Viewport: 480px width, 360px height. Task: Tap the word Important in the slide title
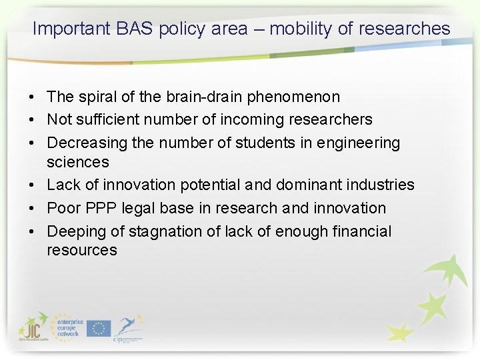[71, 29]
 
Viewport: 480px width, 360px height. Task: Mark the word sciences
[77, 161]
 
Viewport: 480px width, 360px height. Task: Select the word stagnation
[161, 231]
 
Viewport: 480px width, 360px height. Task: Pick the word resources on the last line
[81, 250]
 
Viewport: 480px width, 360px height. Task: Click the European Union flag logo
[98, 328]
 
